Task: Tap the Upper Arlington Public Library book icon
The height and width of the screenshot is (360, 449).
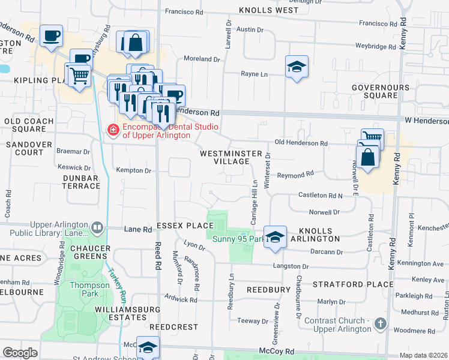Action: (x=96, y=228)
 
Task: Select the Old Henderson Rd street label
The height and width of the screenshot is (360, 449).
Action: (x=301, y=144)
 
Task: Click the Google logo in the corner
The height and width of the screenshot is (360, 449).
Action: (x=20, y=353)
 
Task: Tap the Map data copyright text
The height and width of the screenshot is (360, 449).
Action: (x=423, y=355)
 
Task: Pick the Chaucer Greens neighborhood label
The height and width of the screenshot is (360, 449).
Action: (x=89, y=253)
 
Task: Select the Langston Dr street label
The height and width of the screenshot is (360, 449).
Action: (x=291, y=266)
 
